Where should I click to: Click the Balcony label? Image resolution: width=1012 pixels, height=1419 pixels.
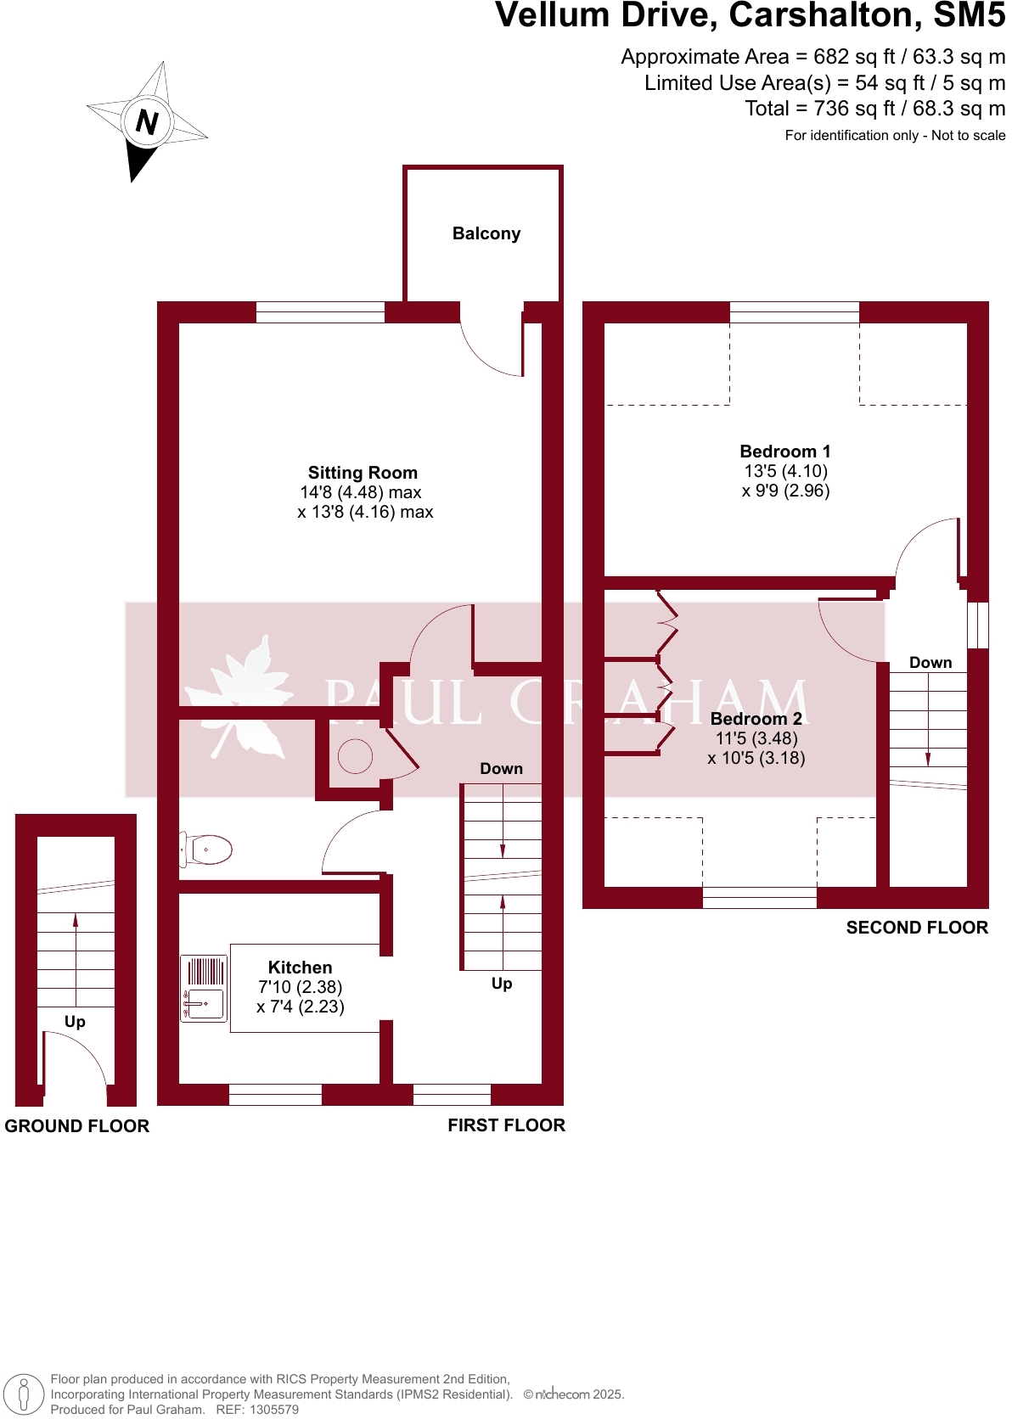click(x=486, y=233)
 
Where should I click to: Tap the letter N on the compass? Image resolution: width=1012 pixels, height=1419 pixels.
click(x=147, y=122)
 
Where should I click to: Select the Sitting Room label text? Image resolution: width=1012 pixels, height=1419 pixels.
click(x=363, y=473)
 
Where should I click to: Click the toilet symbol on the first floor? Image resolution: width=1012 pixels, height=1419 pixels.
click(x=207, y=849)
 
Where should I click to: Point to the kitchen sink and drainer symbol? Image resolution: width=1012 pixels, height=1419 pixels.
click(x=204, y=988)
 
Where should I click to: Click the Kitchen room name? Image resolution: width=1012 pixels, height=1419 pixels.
click(x=300, y=967)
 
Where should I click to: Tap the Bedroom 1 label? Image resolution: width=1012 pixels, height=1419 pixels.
click(x=784, y=451)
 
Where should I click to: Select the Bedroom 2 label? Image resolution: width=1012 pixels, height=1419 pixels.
click(x=756, y=719)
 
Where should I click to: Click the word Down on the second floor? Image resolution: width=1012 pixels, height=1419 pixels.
click(x=930, y=663)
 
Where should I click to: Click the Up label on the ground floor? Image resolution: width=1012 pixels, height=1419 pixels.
click(x=75, y=1022)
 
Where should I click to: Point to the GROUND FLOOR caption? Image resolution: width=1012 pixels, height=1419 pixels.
click(x=77, y=1126)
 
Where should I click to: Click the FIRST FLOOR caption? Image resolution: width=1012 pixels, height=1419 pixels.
click(x=506, y=1125)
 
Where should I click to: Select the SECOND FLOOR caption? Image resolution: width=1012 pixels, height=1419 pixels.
click(x=917, y=928)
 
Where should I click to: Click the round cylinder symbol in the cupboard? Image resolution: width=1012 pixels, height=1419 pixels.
click(x=355, y=756)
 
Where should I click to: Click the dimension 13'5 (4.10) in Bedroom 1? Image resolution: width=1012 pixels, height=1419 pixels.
click(x=785, y=471)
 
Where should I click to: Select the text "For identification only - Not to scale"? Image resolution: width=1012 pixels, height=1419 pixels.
click(x=895, y=136)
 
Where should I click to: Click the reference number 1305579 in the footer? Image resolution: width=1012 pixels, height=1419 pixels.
click(x=273, y=1410)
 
